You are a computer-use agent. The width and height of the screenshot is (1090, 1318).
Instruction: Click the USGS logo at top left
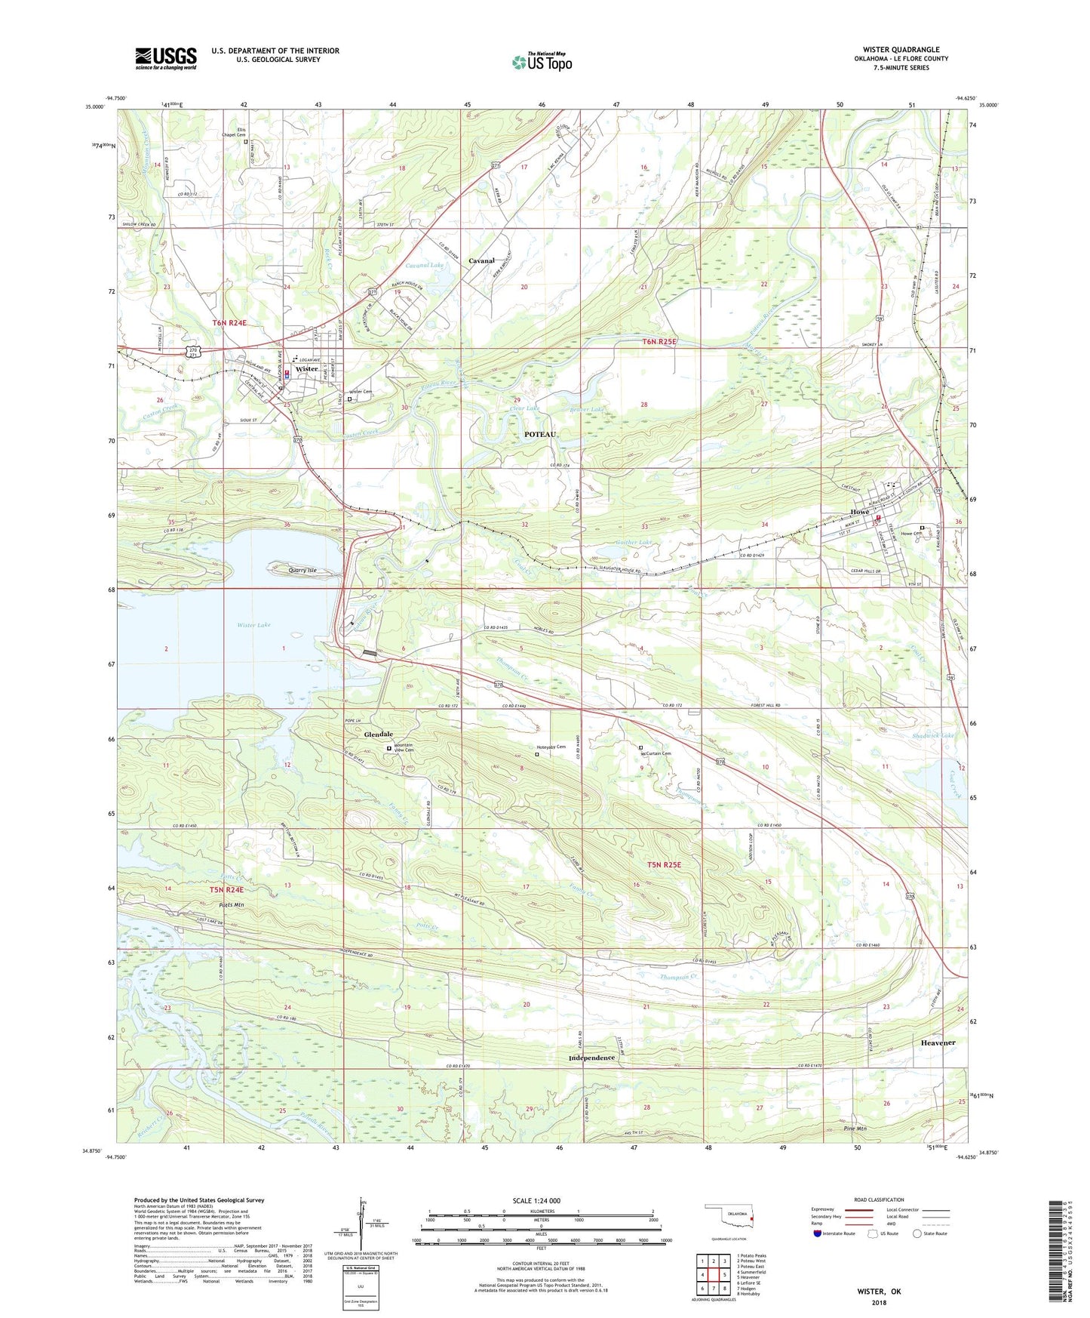coord(165,58)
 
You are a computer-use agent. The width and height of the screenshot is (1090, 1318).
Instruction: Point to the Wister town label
coord(306,369)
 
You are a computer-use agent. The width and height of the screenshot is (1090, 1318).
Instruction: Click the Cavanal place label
coord(481,260)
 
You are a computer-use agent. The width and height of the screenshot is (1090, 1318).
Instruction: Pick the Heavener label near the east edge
coord(938,1042)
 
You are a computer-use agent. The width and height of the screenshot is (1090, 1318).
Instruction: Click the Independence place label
coord(591,1058)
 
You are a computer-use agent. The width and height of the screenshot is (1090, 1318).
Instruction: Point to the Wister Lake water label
coord(253,625)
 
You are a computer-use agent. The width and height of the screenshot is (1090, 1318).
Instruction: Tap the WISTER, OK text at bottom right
coord(878,1292)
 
